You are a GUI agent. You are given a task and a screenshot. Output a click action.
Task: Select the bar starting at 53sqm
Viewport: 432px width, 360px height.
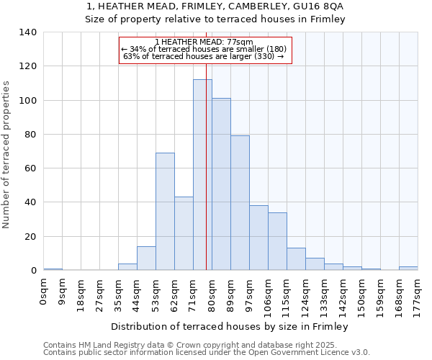point(165,212)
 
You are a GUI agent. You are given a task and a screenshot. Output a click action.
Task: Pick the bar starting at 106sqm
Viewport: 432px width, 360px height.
point(277,241)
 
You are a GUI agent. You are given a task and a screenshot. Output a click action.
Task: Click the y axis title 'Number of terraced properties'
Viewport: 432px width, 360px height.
point(7,154)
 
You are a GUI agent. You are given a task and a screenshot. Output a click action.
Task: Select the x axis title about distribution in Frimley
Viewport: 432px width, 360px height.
point(230,327)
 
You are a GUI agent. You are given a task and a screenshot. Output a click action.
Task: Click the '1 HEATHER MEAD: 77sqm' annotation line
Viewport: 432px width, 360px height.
point(204,42)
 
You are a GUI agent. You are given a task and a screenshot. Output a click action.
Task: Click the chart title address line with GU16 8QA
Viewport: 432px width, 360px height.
point(215,6)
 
